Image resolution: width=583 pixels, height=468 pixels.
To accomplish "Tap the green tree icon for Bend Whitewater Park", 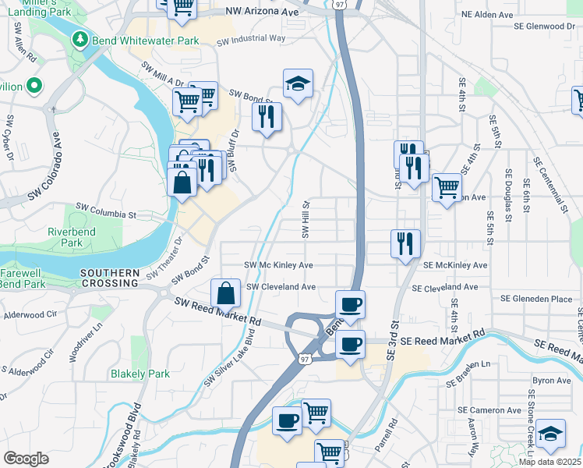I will (x=79, y=39).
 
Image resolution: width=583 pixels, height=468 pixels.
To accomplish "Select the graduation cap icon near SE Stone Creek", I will (x=550, y=434).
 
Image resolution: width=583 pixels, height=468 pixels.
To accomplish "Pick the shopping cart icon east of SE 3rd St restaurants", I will (x=447, y=186).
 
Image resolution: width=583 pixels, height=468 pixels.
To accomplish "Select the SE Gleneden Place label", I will (x=536, y=299).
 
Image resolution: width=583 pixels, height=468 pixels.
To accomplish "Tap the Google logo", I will (x=26, y=459).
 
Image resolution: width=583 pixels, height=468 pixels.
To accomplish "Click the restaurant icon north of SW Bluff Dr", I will (x=267, y=117).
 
